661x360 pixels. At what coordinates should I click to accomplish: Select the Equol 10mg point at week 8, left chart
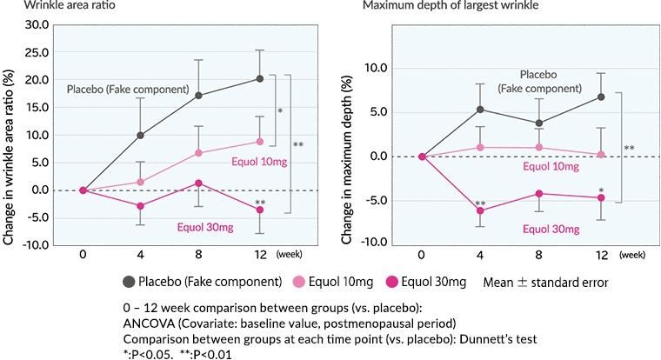pyautogui.click(x=198, y=153)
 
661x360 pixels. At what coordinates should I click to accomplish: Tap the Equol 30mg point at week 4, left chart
pyautogui.click(x=141, y=206)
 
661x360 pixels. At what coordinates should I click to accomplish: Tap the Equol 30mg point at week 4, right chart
pyautogui.click(x=479, y=210)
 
